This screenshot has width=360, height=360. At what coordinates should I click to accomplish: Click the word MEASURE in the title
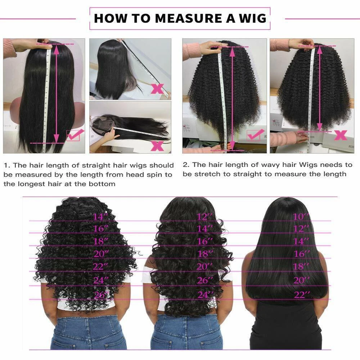click(x=189, y=18)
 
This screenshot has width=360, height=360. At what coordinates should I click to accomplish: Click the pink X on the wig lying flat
click(x=157, y=146)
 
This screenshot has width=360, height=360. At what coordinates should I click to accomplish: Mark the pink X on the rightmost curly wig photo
click(x=341, y=135)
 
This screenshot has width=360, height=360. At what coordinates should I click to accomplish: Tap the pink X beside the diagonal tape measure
click(x=157, y=89)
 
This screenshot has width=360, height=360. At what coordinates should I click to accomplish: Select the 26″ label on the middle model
click(x=205, y=280)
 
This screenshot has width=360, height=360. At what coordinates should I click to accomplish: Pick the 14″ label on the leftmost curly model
click(x=100, y=217)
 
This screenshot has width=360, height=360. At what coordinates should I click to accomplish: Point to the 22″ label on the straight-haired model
click(x=302, y=294)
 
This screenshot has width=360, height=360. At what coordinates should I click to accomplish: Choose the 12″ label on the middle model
click(x=205, y=217)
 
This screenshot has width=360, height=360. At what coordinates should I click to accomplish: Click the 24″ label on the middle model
click(x=206, y=294)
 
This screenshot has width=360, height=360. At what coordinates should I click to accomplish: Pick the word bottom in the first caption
click(x=102, y=184)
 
